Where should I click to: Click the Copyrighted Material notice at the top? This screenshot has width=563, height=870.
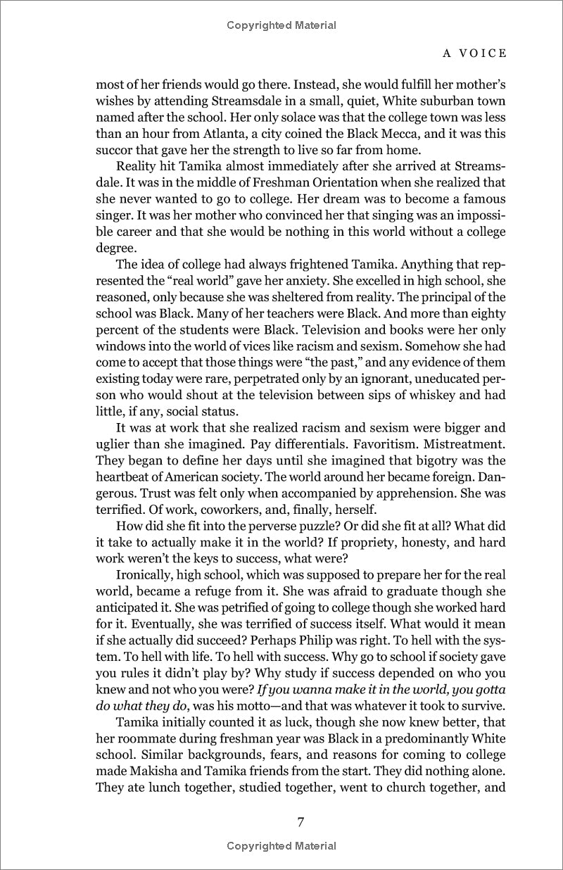coord(281,25)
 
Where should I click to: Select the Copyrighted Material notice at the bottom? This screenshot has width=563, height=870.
coord(281,845)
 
